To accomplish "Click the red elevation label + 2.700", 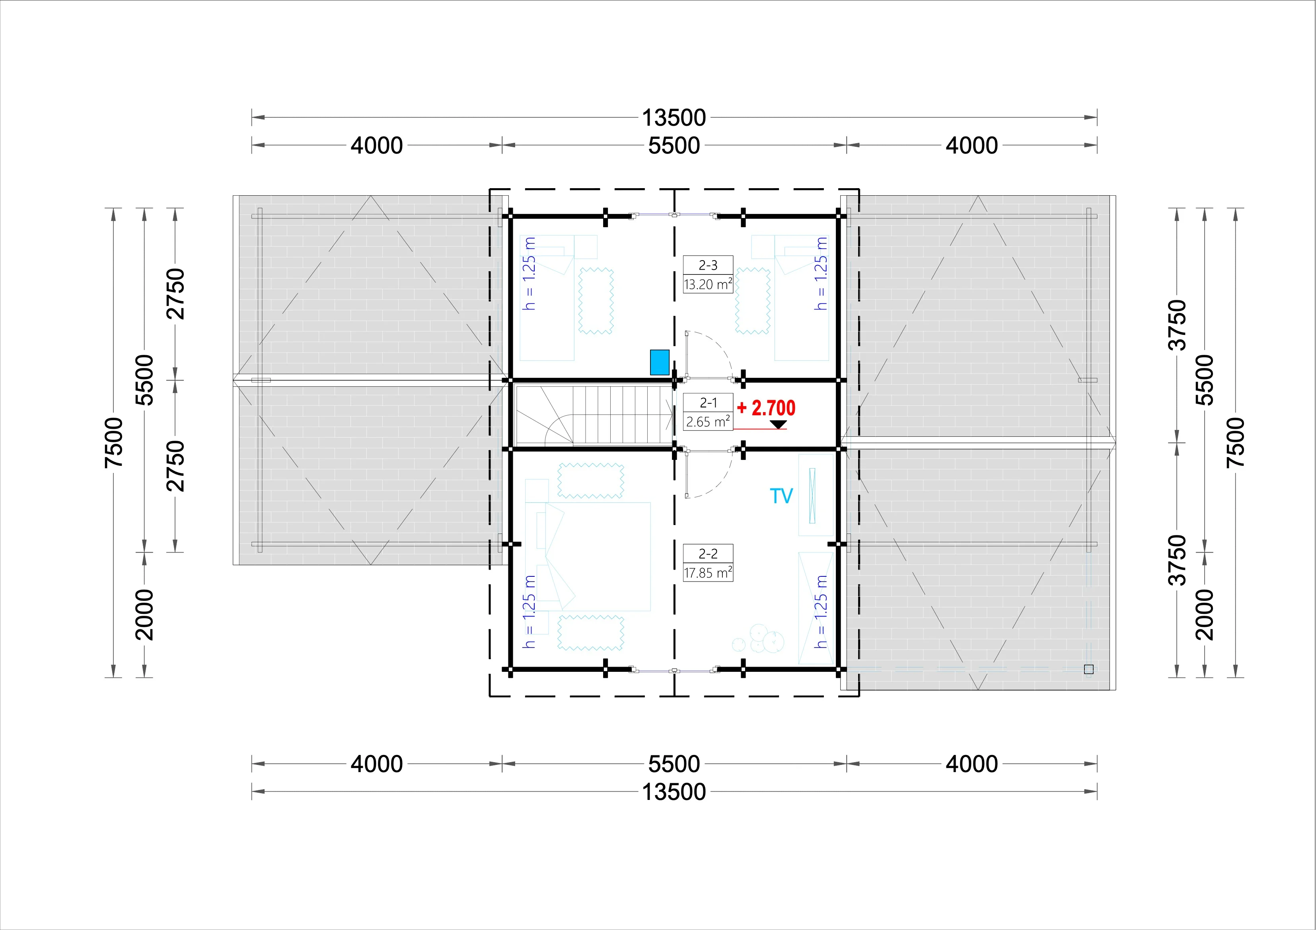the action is point(766,408).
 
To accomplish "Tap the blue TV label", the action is point(781,496).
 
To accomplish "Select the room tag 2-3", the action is point(708,265).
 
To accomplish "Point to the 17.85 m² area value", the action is point(708,572).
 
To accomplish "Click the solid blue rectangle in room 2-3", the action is point(660,362).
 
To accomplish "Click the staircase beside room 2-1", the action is point(594,415).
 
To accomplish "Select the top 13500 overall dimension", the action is point(674,117).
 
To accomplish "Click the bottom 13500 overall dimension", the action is point(674,792).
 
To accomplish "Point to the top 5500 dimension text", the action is point(674,146).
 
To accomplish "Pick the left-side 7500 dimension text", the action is point(114,442).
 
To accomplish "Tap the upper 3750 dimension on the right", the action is point(1177,324).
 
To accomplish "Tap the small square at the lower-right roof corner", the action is point(1089,669).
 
